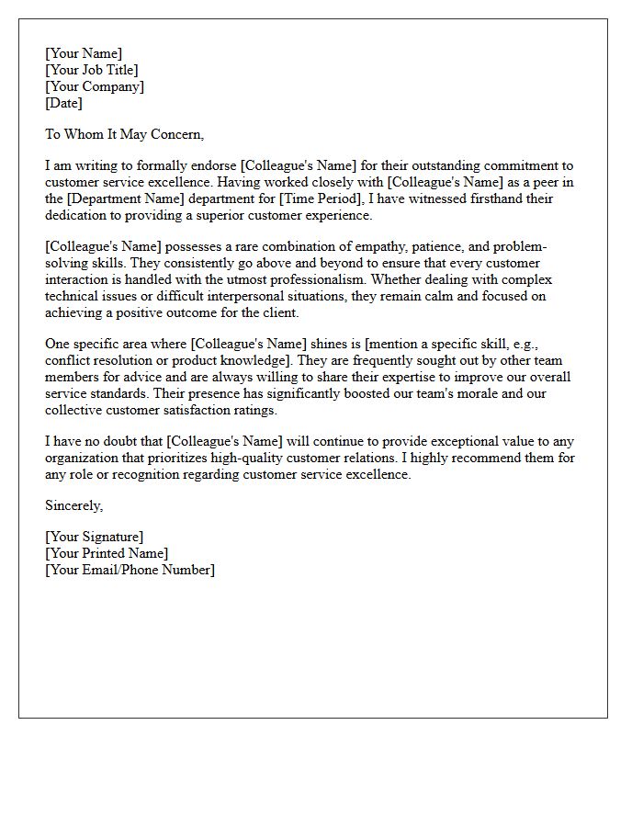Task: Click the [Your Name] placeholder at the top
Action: click(84, 53)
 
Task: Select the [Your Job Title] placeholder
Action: click(92, 70)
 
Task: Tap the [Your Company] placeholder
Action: click(95, 86)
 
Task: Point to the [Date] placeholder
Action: click(63, 103)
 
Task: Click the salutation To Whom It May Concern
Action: click(124, 134)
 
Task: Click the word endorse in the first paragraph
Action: click(210, 166)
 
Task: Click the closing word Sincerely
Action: click(73, 505)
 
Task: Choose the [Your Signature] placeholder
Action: click(95, 537)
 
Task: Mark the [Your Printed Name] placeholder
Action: click(107, 553)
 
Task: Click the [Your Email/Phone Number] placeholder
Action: click(130, 570)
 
